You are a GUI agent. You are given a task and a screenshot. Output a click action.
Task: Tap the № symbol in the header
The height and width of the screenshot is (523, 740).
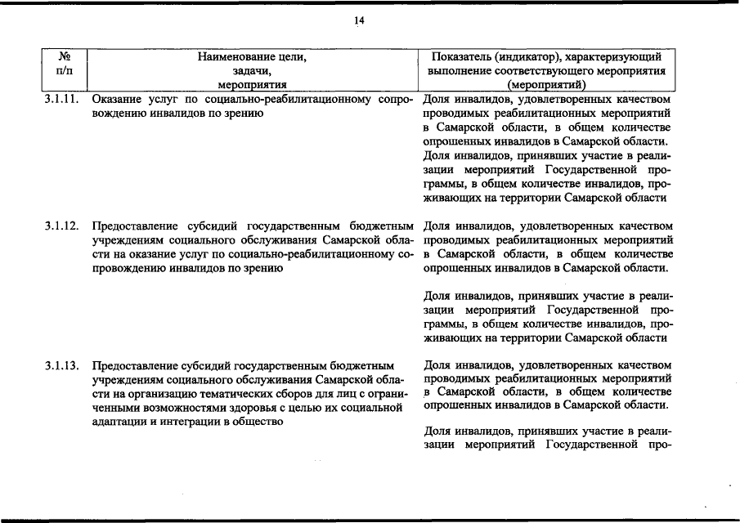pos(65,57)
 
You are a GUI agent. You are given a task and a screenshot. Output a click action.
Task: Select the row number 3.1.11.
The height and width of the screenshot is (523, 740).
pos(62,101)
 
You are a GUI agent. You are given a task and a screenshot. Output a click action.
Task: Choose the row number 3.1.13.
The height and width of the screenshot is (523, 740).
pos(62,365)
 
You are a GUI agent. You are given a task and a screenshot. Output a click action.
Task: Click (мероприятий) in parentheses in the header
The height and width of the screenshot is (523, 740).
pos(545,84)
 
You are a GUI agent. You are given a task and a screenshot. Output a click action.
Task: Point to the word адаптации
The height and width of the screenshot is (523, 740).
pos(118,422)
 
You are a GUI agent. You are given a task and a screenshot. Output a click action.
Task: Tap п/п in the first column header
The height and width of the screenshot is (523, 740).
pos(65,71)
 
